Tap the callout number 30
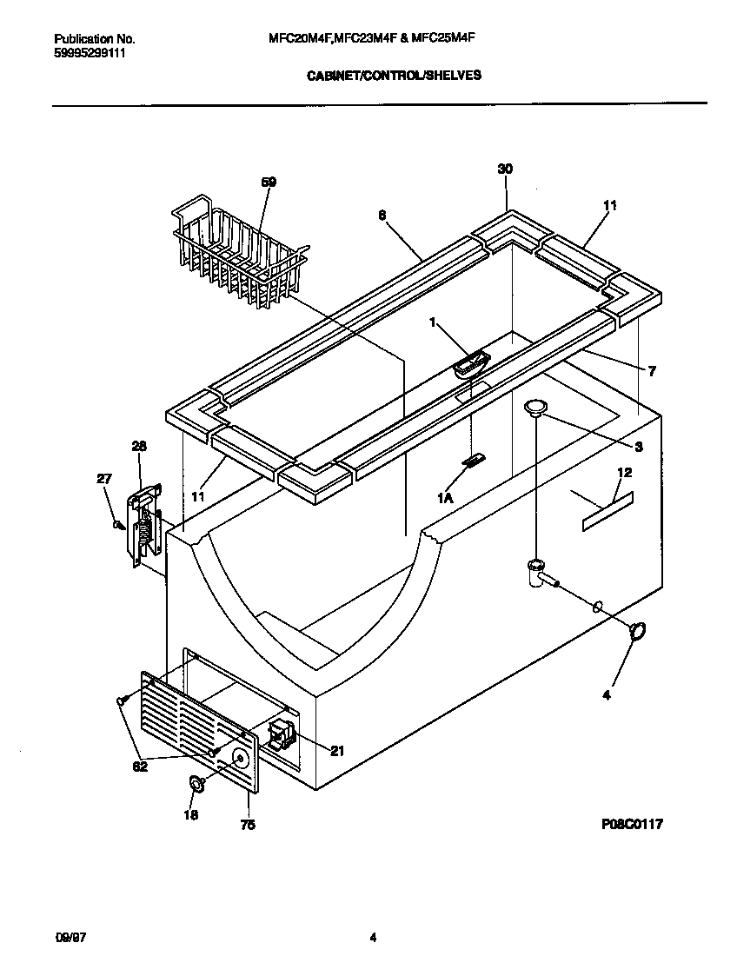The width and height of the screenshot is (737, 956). (505, 169)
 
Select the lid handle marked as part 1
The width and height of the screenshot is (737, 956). (470, 363)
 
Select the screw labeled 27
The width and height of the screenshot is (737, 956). (117, 525)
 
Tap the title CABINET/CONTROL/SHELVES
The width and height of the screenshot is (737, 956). (395, 76)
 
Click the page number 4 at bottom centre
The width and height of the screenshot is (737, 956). (373, 937)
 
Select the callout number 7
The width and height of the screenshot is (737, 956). (652, 371)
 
